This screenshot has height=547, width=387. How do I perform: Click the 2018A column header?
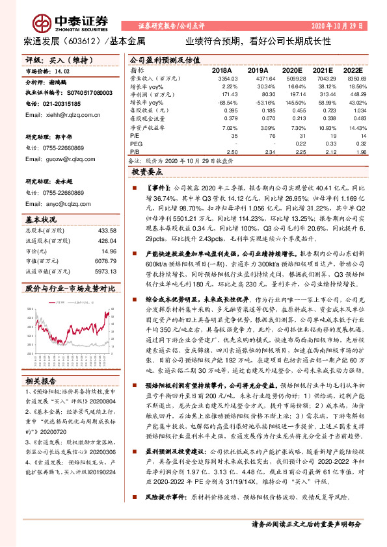point(222,70)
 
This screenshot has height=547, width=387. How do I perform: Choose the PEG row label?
point(137,144)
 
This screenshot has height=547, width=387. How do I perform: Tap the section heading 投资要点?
point(150,173)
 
